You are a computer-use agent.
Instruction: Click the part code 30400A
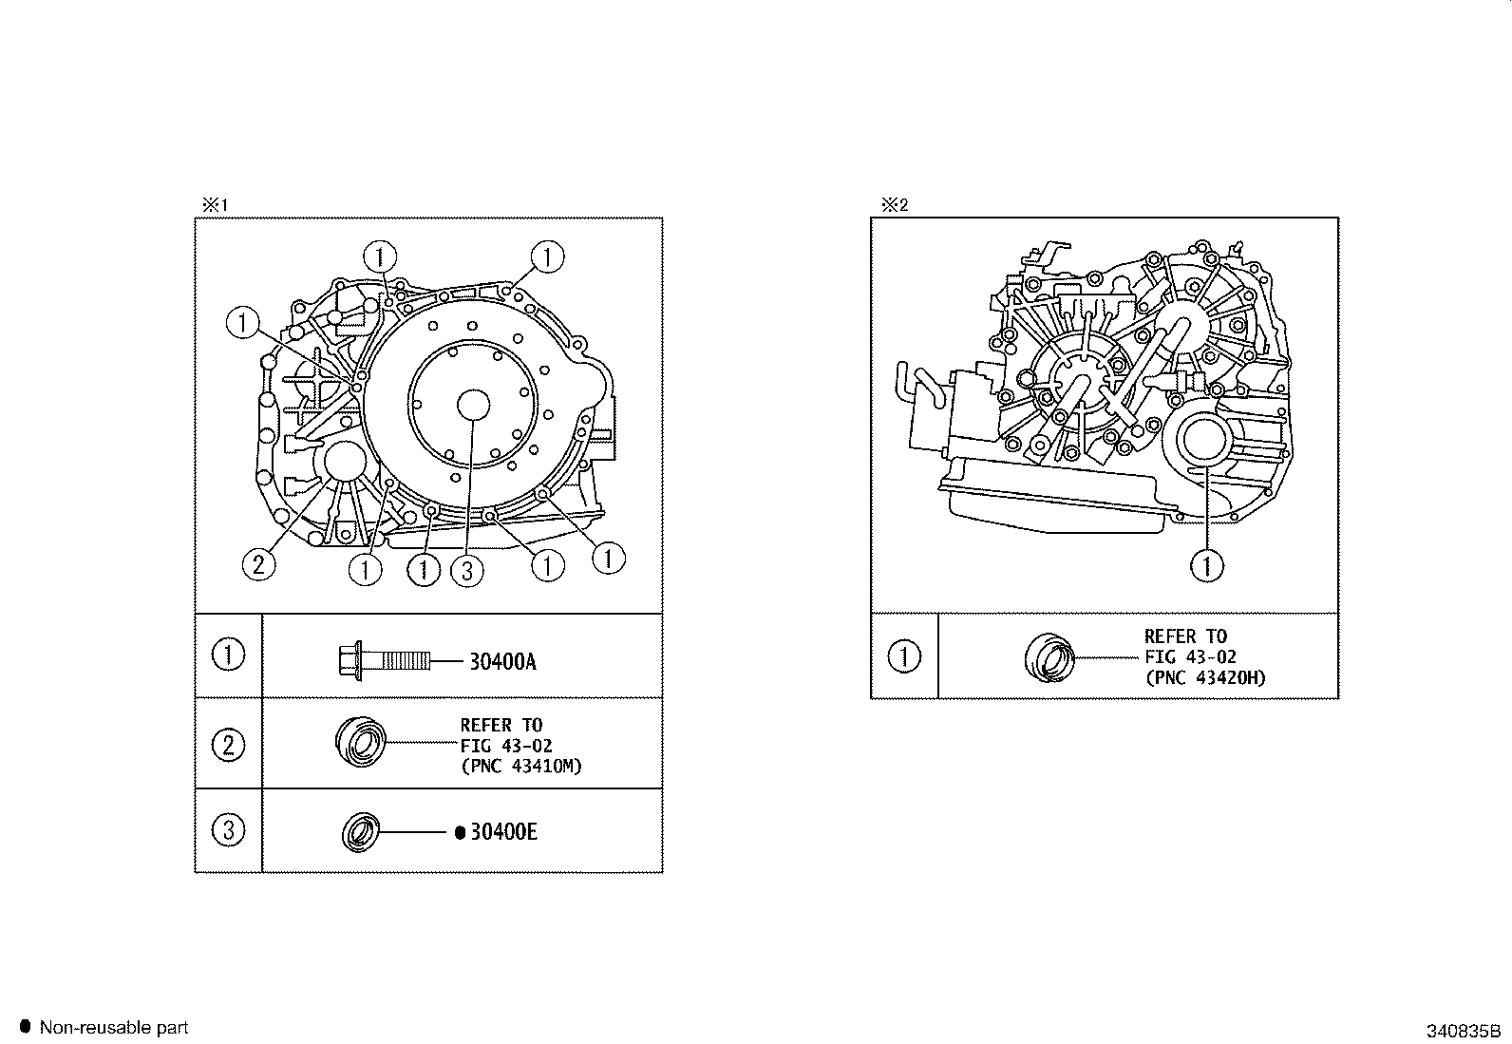coord(502,662)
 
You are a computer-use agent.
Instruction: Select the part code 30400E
coord(503,832)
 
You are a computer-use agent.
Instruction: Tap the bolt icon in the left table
coord(384,660)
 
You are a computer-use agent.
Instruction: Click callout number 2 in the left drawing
coord(258,564)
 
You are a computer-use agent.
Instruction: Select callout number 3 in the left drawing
coord(466,571)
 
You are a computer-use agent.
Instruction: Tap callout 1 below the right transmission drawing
coord(1207,565)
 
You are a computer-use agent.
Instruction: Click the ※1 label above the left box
coord(216,204)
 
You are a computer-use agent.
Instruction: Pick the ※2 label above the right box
coord(895,204)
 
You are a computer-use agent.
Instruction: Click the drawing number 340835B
coord(1463,1031)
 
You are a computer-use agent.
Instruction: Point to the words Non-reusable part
coord(113,1027)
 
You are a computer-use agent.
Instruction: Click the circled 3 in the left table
coord(229,830)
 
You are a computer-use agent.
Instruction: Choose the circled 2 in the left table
coord(229,745)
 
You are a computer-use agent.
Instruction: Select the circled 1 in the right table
coord(904,655)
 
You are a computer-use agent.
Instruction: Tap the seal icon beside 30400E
coord(361,832)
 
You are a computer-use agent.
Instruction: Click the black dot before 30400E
coord(460,832)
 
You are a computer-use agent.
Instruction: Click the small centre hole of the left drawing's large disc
coord(473,406)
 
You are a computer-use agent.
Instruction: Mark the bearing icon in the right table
coord(1049,657)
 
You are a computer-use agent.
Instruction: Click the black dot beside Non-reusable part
coord(26,1027)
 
